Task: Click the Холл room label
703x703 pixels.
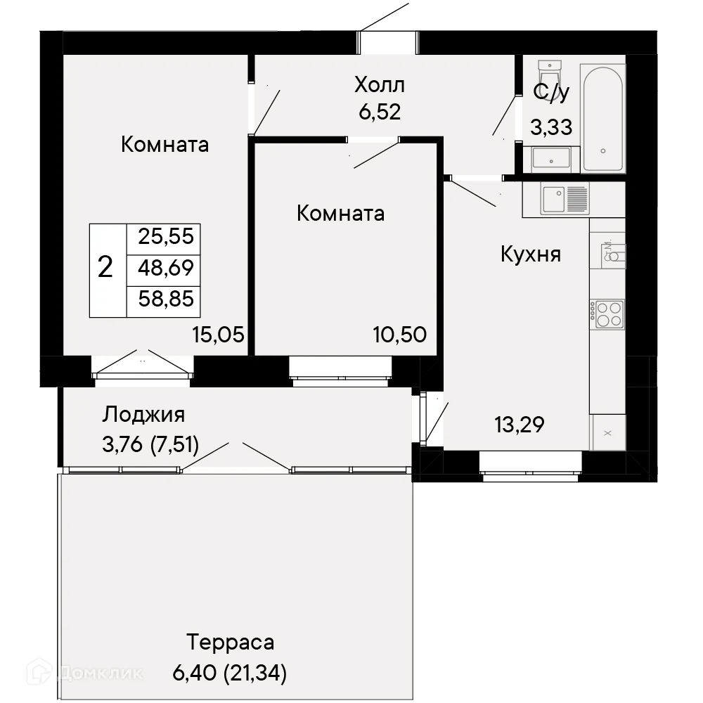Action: (380, 86)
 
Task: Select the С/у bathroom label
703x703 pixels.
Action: (552, 92)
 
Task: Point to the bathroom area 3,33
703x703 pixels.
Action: (550, 127)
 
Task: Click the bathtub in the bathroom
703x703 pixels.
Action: (603, 117)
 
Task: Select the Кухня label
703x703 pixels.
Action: (531, 254)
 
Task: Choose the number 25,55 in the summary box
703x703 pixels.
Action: (166, 236)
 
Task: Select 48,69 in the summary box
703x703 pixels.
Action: (166, 268)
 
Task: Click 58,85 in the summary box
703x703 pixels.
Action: (166, 300)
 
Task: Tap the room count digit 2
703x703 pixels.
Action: (105, 268)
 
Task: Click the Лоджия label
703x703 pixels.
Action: (143, 415)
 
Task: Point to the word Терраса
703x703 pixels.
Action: (230, 642)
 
